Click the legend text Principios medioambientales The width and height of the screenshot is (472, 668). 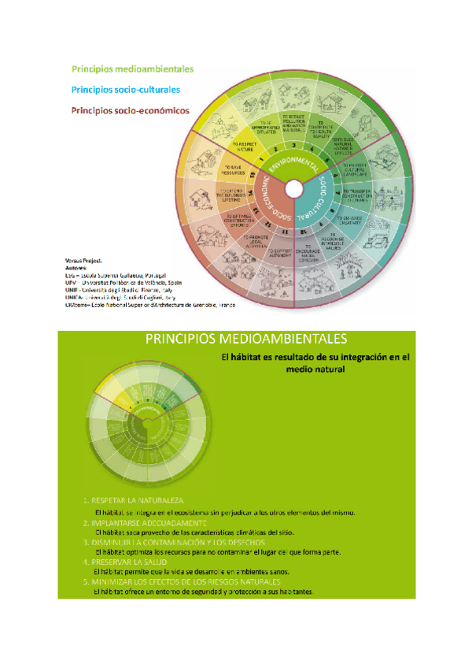coord(132,69)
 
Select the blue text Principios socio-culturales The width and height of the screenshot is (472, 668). coord(125,90)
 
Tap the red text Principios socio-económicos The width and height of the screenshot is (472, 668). coord(130,111)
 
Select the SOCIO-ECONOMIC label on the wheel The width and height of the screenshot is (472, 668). coord(272,203)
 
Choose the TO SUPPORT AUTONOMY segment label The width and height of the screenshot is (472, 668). coord(280,251)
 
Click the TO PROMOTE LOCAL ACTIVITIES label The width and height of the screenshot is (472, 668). coord(255,240)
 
